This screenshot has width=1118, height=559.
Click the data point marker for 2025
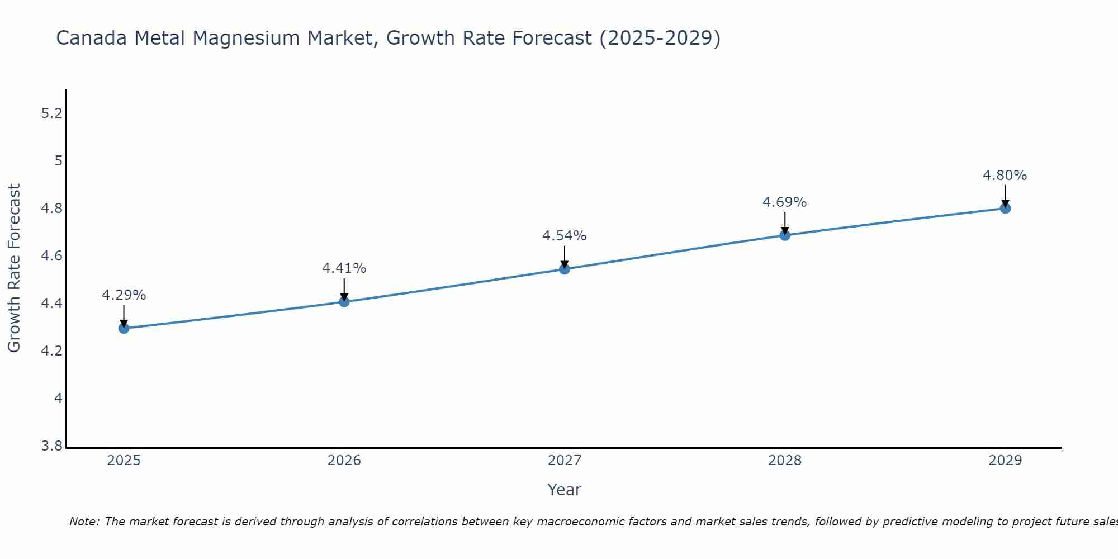[x=124, y=328]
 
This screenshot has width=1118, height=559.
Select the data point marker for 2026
[x=344, y=302]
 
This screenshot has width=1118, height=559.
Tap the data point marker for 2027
[x=565, y=269]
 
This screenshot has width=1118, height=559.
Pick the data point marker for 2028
[x=785, y=235]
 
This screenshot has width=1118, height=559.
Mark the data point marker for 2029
[x=1005, y=209]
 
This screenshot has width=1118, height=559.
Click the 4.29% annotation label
[x=124, y=295]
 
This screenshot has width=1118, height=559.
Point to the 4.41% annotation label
[x=344, y=268]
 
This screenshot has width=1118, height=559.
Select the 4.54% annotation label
[x=565, y=236]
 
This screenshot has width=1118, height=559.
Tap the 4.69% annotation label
[x=785, y=202]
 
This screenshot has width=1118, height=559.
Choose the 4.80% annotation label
[x=1005, y=176]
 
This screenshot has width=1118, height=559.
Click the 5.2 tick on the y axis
[x=51, y=113]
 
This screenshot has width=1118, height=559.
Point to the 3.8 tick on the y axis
[x=51, y=446]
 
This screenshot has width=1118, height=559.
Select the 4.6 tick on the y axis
[x=51, y=256]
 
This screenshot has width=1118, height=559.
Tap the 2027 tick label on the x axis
[x=565, y=461]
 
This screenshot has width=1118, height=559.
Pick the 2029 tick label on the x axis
[x=1005, y=461]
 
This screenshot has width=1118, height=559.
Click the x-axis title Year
[x=565, y=490]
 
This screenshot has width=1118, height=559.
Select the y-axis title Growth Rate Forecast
[x=14, y=268]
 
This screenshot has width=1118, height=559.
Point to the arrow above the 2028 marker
[x=785, y=222]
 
